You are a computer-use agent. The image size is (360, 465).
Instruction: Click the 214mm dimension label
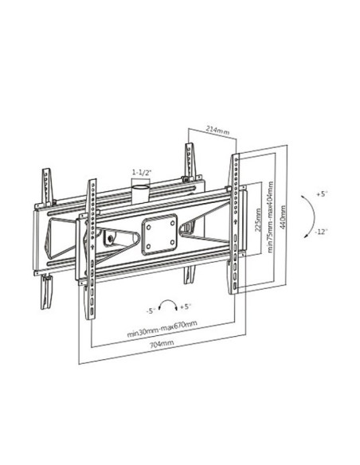pyautogui.click(x=217, y=131)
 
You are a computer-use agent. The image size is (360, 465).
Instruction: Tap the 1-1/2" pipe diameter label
pyautogui.click(x=142, y=172)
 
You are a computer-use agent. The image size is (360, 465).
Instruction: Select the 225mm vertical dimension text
pyautogui.click(x=258, y=220)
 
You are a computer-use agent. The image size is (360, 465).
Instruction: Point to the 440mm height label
pyautogui.click(x=283, y=217)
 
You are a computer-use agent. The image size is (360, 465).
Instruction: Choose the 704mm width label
pyautogui.click(x=162, y=344)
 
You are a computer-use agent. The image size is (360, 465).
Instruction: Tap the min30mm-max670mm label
pyautogui.click(x=162, y=328)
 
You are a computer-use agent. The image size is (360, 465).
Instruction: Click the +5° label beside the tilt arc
pyautogui.click(x=322, y=194)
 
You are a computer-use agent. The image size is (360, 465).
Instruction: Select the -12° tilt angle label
pyautogui.click(x=320, y=232)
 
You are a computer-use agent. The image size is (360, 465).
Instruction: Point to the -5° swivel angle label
pyautogui.click(x=151, y=311)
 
